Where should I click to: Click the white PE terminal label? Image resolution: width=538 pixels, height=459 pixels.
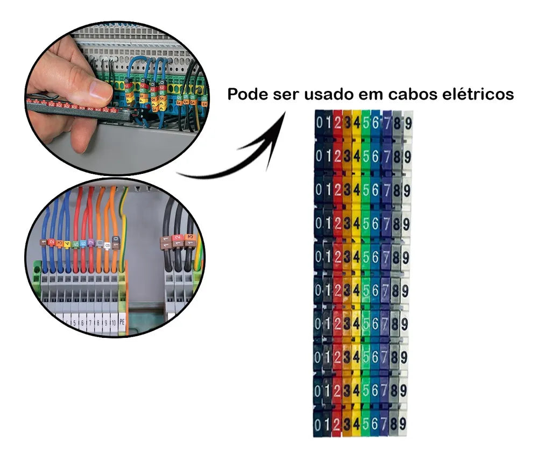[122, 323]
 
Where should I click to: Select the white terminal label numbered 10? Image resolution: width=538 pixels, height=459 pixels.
[114, 323]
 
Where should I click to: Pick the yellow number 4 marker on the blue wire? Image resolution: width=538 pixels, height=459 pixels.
[67, 243]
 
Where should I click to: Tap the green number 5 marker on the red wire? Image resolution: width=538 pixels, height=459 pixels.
[76, 243]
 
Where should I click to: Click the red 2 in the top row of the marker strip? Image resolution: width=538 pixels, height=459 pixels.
[337, 122]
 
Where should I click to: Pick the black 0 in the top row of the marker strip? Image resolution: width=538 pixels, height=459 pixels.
[320, 122]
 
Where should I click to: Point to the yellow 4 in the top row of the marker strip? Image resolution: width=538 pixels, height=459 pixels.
[356, 122]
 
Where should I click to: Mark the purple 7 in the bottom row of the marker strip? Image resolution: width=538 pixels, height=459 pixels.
[385, 423]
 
